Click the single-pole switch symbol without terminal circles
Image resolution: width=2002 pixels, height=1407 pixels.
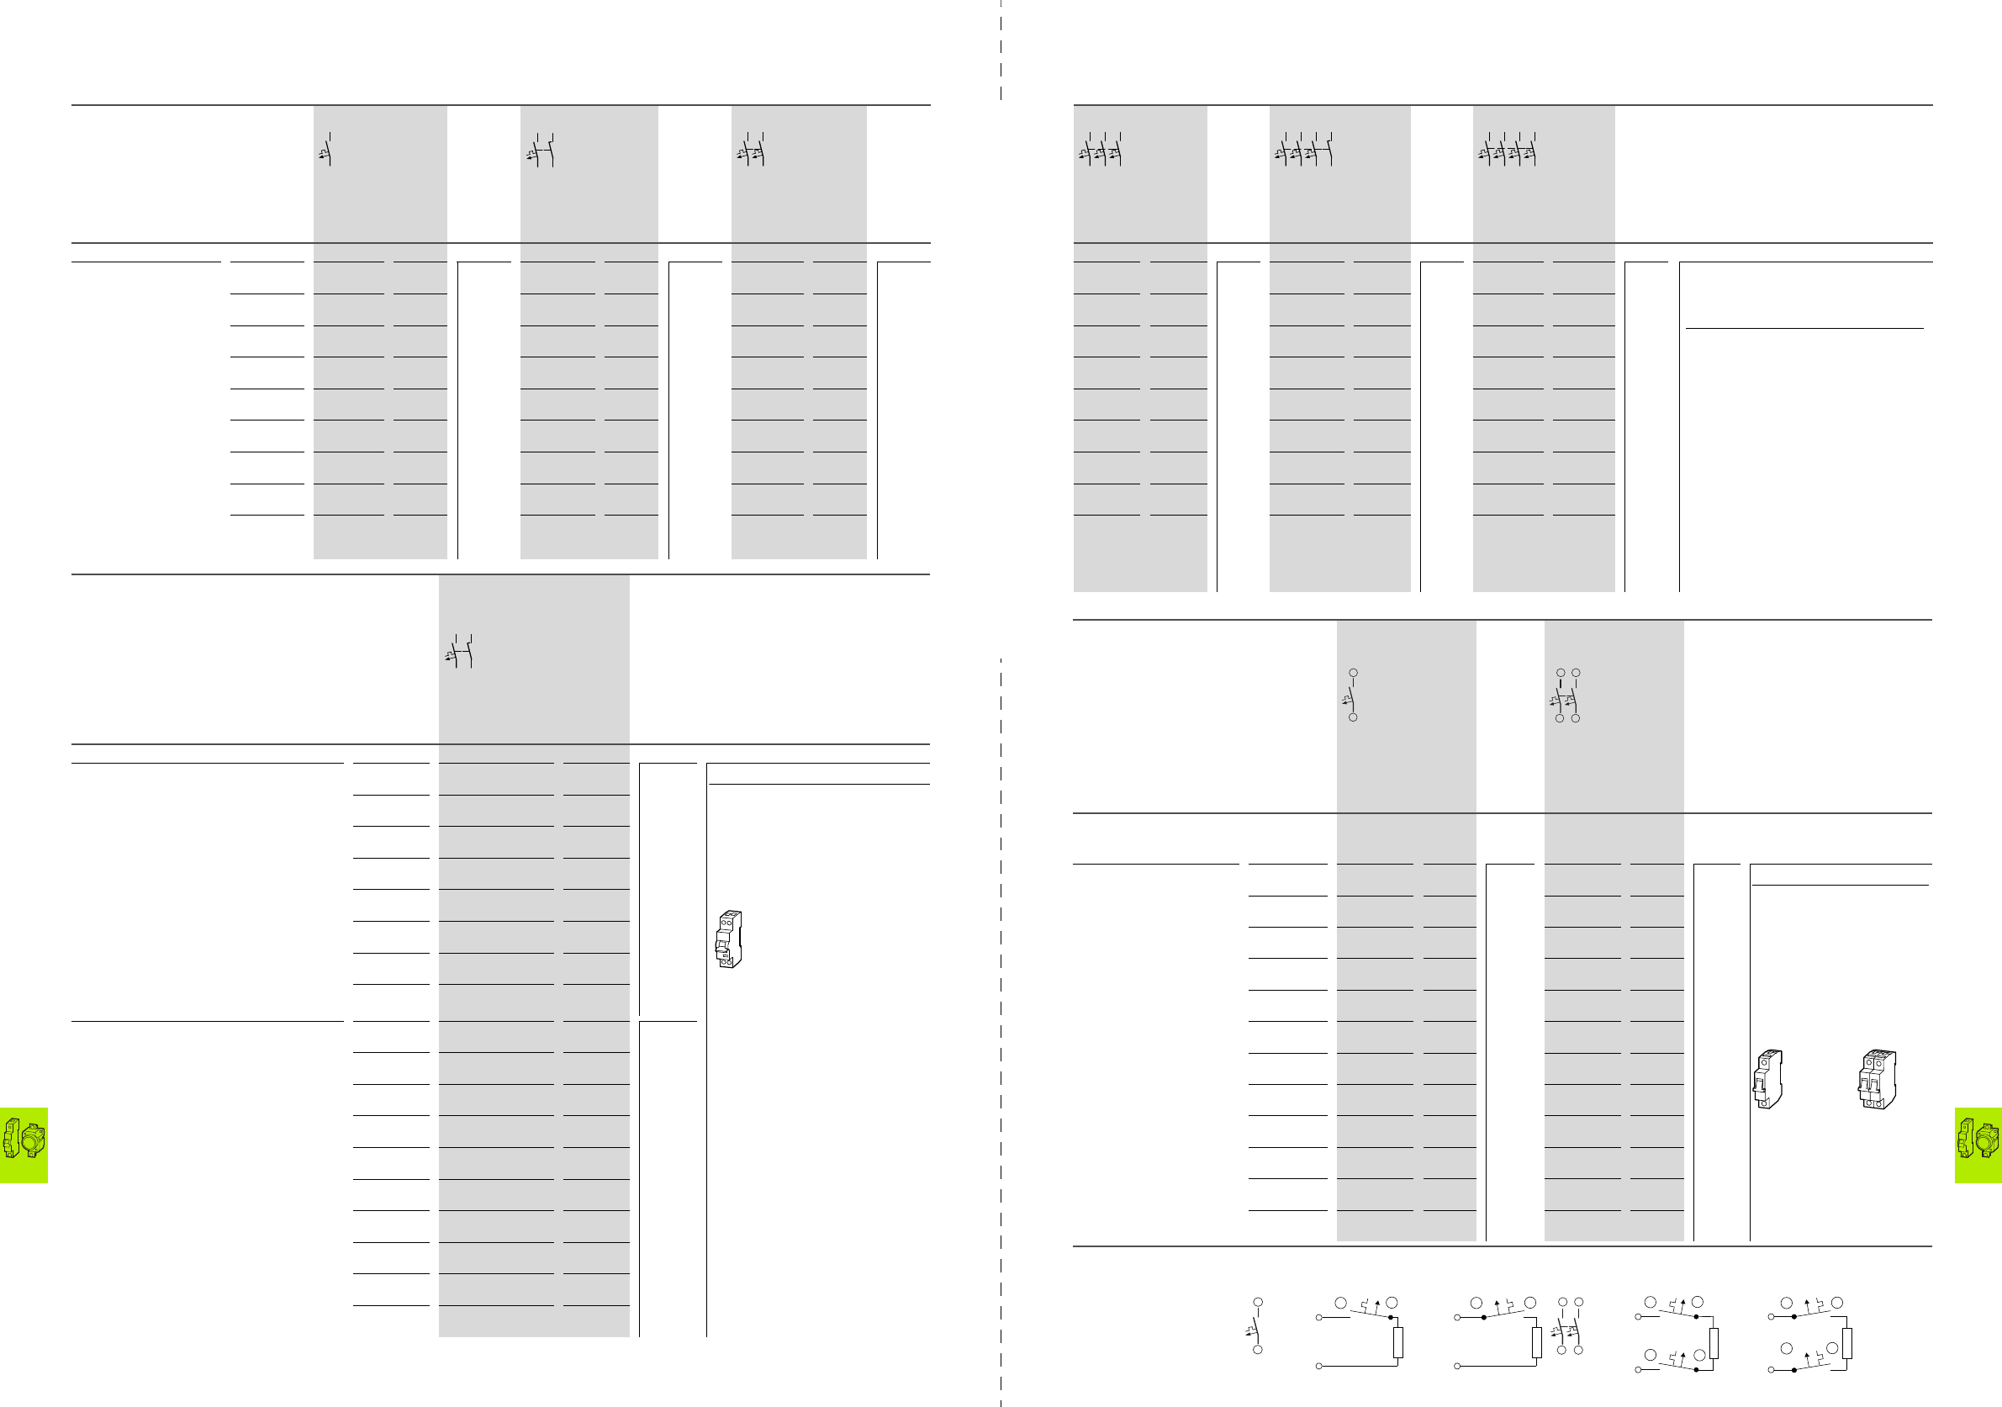tap(326, 150)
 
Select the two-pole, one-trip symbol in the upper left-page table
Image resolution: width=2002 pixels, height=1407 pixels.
tap(541, 150)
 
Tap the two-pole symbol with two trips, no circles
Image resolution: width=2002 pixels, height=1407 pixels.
tap(752, 150)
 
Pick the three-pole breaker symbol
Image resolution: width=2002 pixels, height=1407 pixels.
tap(1101, 150)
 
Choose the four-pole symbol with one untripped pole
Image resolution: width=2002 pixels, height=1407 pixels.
tap(1303, 150)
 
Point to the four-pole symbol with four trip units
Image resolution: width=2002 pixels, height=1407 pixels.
tap(1508, 150)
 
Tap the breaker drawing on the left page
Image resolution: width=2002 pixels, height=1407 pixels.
tap(728, 939)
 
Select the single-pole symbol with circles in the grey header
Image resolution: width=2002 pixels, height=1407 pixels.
tap(1350, 696)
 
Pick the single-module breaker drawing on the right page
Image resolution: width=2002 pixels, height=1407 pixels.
tap(1767, 1079)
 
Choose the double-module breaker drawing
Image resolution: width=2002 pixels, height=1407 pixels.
tap(1877, 1079)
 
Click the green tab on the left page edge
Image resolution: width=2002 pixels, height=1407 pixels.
tap(24, 1145)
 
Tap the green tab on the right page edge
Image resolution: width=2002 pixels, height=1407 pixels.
tap(1978, 1145)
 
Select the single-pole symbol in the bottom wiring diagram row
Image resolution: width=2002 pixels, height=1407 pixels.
tap(1255, 1327)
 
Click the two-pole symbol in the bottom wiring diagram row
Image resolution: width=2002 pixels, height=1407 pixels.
tap(1570, 1327)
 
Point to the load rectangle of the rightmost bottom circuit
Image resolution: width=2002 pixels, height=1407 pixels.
tap(1846, 1343)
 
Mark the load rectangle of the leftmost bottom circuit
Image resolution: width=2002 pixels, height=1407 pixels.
tap(1397, 1342)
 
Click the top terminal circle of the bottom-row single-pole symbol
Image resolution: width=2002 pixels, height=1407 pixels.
tap(1257, 1303)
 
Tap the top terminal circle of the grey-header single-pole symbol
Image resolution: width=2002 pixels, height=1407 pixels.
tap(1353, 674)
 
